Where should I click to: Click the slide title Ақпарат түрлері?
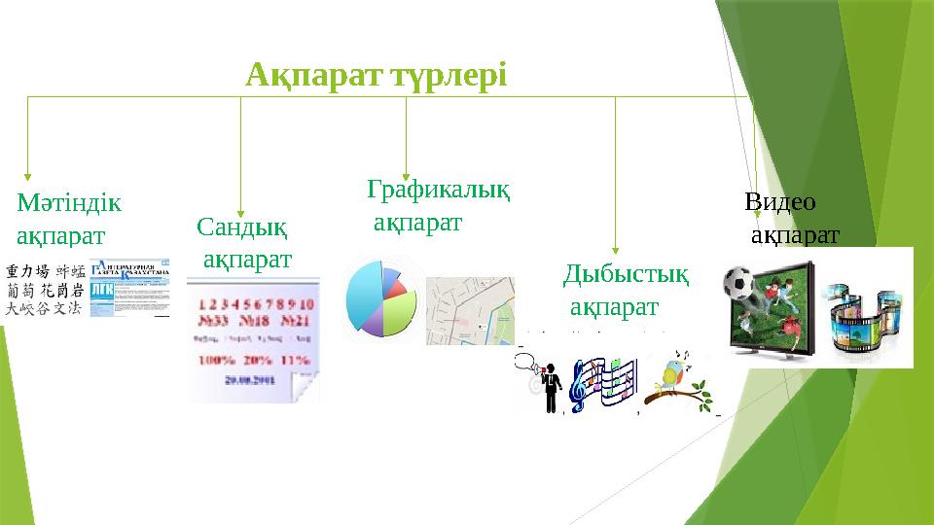point(377,74)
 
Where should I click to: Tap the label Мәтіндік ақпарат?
point(68,220)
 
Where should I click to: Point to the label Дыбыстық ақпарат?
point(627,291)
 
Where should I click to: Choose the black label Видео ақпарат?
point(790,218)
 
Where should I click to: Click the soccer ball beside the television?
point(740,281)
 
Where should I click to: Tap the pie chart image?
point(383,297)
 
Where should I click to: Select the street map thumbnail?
point(470,309)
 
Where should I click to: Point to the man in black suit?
point(553,387)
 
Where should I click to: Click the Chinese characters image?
point(44,289)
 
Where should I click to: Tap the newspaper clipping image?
point(128,288)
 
